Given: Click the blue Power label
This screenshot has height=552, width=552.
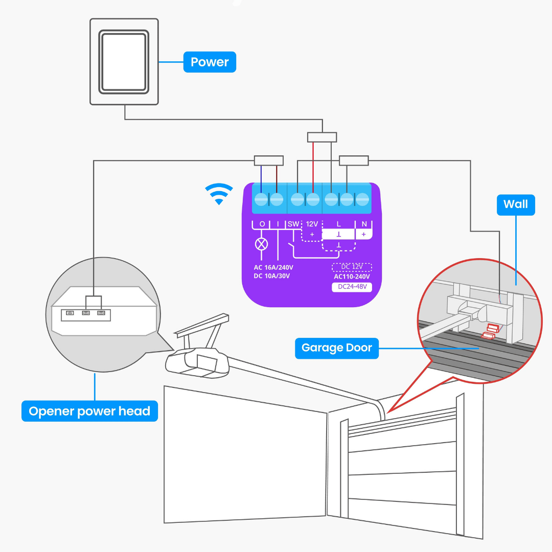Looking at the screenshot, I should [210, 62].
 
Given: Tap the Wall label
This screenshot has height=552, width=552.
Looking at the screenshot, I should [515, 204].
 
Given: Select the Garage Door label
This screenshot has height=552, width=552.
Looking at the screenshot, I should [336, 348].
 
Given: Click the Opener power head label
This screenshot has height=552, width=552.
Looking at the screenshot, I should [89, 411].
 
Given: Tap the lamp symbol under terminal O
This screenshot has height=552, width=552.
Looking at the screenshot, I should [261, 244].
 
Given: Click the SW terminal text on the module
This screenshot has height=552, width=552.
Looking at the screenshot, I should [293, 224].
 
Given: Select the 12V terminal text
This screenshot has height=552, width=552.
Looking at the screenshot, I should [312, 224].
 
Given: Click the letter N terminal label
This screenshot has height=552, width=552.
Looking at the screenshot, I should [364, 224].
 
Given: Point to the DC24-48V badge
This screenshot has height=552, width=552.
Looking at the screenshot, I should [352, 287].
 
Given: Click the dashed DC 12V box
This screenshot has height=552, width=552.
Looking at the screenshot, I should [352, 267].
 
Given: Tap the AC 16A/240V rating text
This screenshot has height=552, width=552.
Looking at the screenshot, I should [273, 267].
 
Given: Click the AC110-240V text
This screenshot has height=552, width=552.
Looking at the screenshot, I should [352, 277].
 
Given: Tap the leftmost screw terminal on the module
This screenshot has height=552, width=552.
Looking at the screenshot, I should [261, 199].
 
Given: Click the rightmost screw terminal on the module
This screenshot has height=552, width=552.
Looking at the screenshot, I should [362, 199].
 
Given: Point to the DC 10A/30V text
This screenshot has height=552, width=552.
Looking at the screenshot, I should [272, 277].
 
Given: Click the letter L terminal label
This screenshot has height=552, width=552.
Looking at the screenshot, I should [338, 224].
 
